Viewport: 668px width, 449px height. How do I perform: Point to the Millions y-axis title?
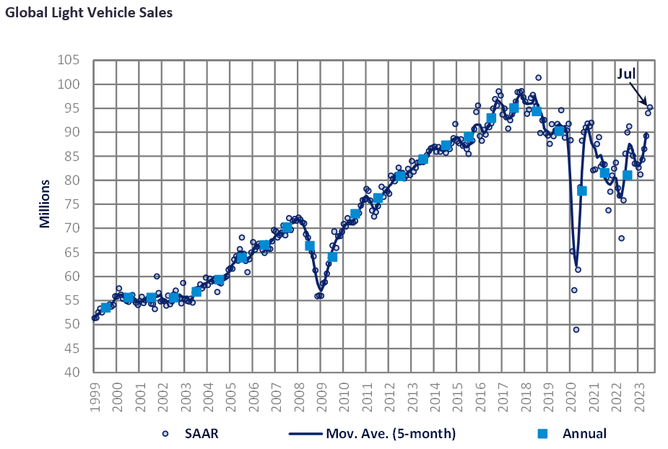45,204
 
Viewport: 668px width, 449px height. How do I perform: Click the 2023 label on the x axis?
640,397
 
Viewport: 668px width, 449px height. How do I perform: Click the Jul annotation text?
627,73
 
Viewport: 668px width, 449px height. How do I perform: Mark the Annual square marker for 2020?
581,191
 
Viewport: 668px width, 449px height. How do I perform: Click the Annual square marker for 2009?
332,257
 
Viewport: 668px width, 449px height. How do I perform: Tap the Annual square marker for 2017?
513,108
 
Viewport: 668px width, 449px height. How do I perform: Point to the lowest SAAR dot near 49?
576,329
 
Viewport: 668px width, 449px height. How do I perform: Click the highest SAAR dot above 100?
538,77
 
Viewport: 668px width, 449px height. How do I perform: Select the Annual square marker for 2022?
627,175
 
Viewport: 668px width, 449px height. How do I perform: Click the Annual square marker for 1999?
105,308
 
